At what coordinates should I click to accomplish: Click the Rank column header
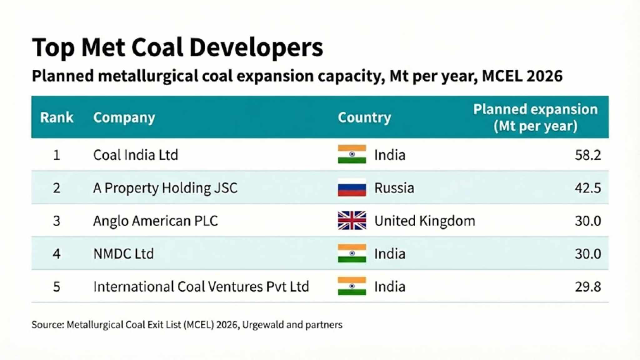point(57,117)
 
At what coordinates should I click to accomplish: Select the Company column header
point(124,117)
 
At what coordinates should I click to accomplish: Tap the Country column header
point(364,117)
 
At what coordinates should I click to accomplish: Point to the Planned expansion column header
point(535,117)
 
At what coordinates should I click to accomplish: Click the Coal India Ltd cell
point(136,155)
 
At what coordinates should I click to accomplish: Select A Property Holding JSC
point(165,188)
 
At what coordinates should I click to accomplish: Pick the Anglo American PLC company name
point(155,221)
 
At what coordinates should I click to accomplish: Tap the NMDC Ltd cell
point(123,254)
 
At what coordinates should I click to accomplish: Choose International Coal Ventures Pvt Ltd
point(201,287)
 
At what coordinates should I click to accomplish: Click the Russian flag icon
point(352,188)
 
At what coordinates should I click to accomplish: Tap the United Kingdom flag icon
point(352,221)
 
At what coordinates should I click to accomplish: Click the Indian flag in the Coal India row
point(352,154)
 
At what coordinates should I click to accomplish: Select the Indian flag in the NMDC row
point(352,253)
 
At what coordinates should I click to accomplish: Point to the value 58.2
point(587,155)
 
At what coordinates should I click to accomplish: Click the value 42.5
point(587,188)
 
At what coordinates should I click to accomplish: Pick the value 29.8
point(587,287)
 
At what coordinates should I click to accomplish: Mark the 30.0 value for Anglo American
point(587,221)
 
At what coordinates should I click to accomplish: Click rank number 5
point(57,287)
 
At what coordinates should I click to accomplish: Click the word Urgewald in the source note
point(263,325)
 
